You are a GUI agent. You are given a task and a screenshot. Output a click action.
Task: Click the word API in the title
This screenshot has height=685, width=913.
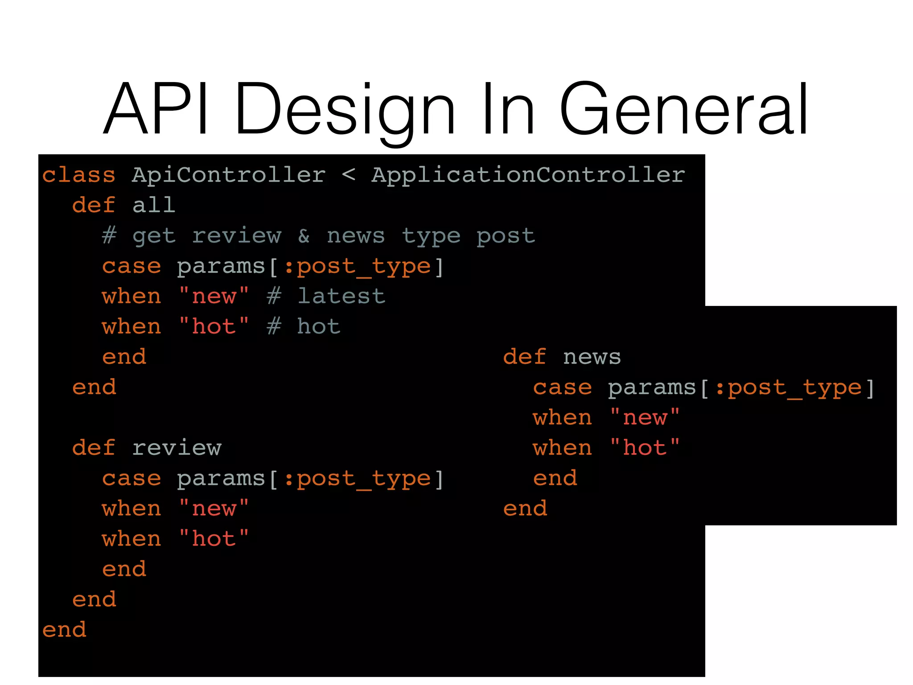156,109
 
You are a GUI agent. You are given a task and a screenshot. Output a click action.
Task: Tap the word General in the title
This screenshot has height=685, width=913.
684,109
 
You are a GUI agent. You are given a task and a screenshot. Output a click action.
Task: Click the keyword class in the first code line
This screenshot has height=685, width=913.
79,175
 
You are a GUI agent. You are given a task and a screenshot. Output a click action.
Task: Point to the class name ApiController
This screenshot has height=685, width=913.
229,175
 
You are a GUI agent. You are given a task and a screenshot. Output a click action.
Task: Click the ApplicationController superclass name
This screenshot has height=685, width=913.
528,175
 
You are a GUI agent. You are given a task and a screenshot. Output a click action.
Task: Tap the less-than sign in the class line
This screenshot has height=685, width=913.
349,175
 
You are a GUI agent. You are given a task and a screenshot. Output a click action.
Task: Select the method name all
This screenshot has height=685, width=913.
154,205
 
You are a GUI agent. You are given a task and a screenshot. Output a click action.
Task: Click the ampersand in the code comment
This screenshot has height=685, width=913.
304,235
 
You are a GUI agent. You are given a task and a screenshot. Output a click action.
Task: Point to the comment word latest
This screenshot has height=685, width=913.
341,296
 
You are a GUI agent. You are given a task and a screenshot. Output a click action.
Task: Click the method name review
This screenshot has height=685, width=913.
177,448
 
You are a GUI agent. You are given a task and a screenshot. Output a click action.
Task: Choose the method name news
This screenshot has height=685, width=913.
592,357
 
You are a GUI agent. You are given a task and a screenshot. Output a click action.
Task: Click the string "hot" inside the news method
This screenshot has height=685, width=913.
645,448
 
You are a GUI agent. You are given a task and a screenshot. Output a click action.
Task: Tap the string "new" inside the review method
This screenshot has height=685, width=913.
214,508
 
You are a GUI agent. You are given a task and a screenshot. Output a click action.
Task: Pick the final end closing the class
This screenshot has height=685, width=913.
64,630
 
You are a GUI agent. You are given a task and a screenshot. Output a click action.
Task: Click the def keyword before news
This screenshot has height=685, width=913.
525,357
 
